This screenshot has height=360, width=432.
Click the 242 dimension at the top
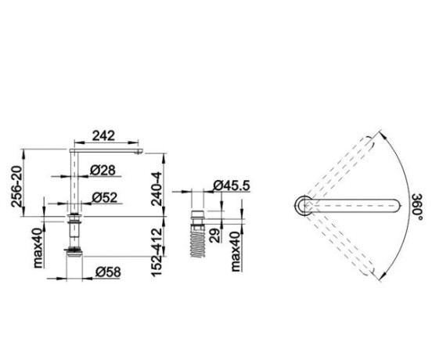click(103, 136)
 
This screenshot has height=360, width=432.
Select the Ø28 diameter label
click(103, 171)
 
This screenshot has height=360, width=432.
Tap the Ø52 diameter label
click(104, 197)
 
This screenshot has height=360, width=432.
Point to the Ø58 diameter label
click(108, 272)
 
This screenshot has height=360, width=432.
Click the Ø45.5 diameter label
click(232, 185)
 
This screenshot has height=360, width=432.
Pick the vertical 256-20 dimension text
click(16, 186)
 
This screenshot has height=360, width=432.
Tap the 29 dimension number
click(215, 236)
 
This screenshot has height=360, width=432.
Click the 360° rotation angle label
click(417, 207)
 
